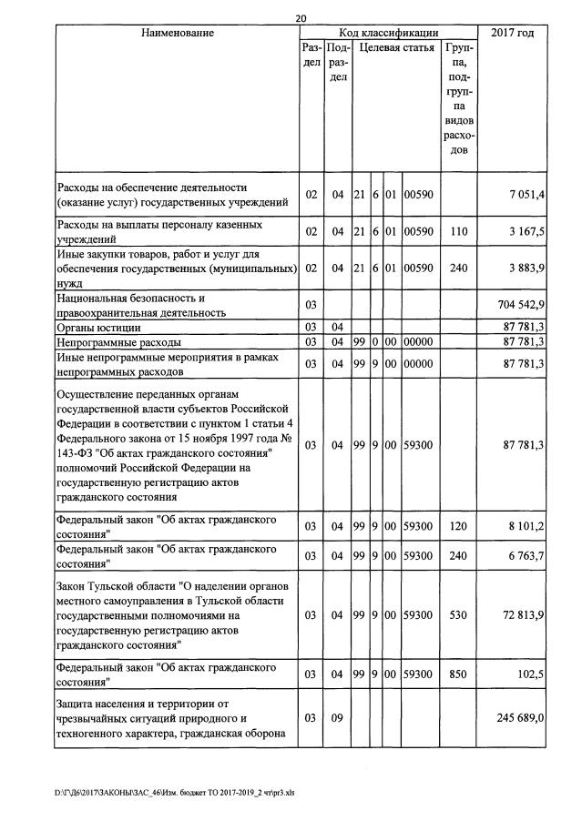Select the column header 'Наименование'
pyautogui.click(x=178, y=34)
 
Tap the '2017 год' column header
pyautogui.click(x=512, y=34)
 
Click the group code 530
pyautogui.click(x=459, y=615)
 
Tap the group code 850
pyautogui.click(x=459, y=674)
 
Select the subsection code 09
pyautogui.click(x=337, y=718)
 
